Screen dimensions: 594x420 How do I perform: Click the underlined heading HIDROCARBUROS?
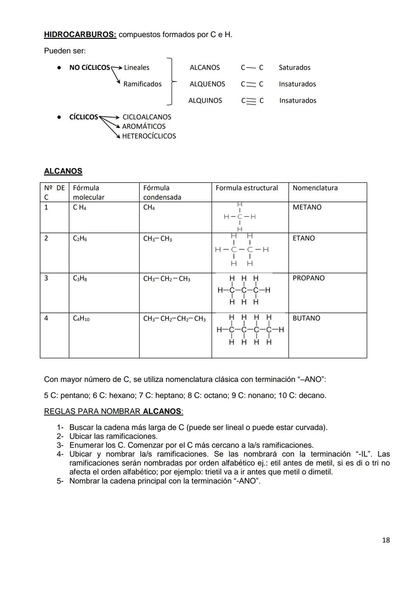(80, 35)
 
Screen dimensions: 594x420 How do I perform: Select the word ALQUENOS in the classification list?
(207, 84)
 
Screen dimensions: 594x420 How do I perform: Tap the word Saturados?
(294, 68)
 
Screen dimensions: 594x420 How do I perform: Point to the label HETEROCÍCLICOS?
(149, 136)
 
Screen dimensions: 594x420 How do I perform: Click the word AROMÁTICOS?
(143, 126)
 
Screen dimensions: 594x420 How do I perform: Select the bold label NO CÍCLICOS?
(89, 68)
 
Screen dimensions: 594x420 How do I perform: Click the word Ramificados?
(142, 84)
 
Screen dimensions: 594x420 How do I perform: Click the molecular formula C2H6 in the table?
(80, 238)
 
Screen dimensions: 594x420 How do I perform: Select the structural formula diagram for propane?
(244, 290)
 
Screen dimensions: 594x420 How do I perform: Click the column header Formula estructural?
(247, 188)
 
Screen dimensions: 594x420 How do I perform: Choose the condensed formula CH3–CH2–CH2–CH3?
(174, 319)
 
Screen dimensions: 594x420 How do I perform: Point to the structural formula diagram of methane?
(240, 217)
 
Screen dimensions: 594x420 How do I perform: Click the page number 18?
(386, 540)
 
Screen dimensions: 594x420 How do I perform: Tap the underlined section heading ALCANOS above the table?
(63, 171)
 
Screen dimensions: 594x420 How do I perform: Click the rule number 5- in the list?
(60, 481)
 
